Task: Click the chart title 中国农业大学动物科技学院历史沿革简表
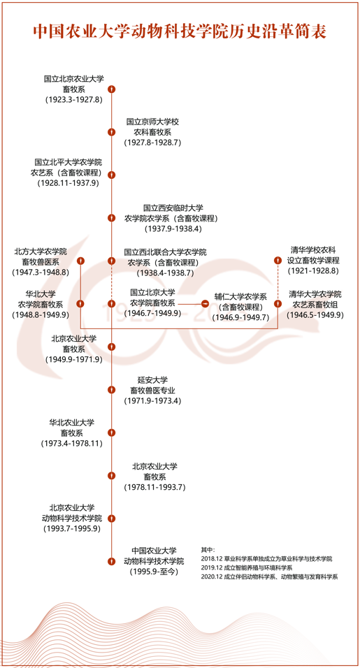pyautogui.click(x=180, y=32)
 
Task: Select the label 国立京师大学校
pyautogui.click(x=152, y=122)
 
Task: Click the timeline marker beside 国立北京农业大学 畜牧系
pyautogui.click(x=111, y=89)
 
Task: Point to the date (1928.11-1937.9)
pyautogui.click(x=68, y=183)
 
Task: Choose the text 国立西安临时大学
pyautogui.click(x=173, y=208)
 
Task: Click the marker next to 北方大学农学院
pyautogui.click(x=80, y=261)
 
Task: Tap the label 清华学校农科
pyautogui.click(x=312, y=249)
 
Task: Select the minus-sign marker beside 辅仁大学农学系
pyautogui.click(x=205, y=304)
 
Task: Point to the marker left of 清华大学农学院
pyautogui.click(x=278, y=304)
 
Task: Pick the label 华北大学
pyautogui.click(x=41, y=294)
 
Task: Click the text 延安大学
pyautogui.click(x=152, y=379)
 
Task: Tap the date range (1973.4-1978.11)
pyautogui.click(x=72, y=444)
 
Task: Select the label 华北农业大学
pyautogui.click(x=72, y=423)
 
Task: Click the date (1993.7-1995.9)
pyautogui.click(x=71, y=529)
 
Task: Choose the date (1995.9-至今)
pyautogui.click(x=153, y=572)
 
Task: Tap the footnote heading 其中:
pyautogui.click(x=208, y=550)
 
